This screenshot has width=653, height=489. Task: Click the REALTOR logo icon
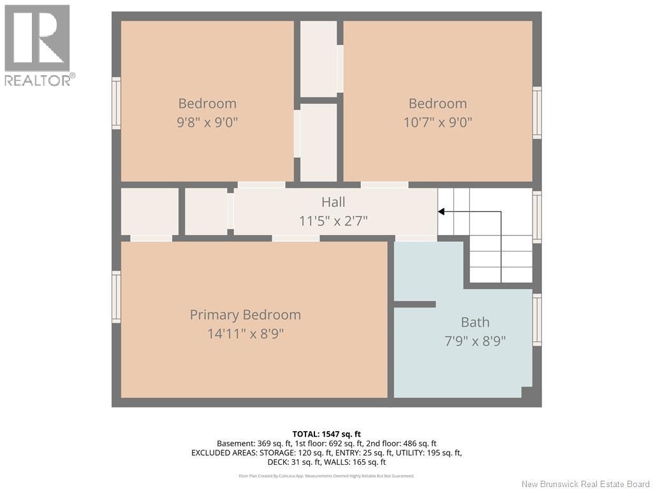pos(37,38)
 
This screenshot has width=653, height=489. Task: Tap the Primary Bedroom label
pos(246,315)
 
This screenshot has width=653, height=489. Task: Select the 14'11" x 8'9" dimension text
pos(246,334)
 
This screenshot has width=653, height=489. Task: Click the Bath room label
pos(475,322)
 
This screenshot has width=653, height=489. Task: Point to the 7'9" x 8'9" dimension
pos(475,341)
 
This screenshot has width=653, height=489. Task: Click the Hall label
pos(333,202)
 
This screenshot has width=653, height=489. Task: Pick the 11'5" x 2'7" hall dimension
pos(333,221)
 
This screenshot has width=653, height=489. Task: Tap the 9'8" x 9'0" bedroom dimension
pos(207,122)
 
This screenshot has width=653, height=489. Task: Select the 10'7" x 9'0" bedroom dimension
pos(437,122)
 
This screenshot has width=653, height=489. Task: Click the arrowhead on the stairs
pos(441,211)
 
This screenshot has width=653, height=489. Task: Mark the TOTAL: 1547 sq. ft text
pos(326,434)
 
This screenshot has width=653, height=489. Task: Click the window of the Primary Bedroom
pos(116,297)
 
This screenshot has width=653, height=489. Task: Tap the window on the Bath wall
pos(537,320)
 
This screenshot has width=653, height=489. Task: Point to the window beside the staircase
pos(537,216)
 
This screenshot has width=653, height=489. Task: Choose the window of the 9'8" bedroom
pos(116,103)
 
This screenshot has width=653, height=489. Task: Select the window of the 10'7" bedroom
pos(537,113)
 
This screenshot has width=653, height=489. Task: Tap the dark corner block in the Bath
pos(527,392)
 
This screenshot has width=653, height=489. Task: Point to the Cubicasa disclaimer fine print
pos(326,476)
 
